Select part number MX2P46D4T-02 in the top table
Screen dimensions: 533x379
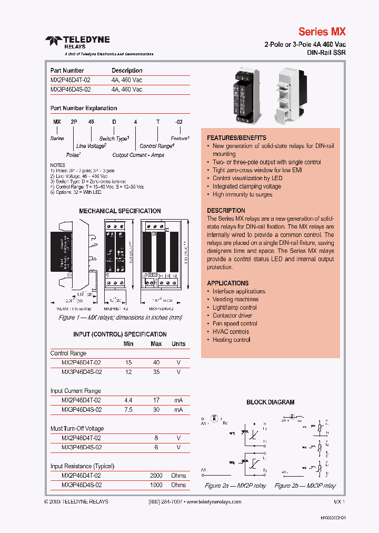click(71, 80)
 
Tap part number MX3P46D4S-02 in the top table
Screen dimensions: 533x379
click(71, 90)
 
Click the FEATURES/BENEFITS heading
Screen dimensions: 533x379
click(236, 137)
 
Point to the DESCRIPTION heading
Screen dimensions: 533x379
click(226, 210)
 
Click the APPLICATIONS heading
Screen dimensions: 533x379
click(227, 283)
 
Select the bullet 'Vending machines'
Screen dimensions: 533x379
click(235, 299)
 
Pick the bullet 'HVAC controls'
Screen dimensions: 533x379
click(231, 332)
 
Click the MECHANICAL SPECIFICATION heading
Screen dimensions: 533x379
click(119, 211)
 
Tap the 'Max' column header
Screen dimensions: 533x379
click(156, 344)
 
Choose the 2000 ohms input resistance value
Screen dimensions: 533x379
click(156, 476)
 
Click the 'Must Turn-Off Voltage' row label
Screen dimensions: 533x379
click(77, 429)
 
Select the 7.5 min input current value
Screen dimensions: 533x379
click(128, 410)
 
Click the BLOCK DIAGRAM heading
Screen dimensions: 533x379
click(270, 402)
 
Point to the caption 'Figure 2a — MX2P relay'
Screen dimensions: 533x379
click(235, 486)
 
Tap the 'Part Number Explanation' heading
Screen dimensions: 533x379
click(84, 108)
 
